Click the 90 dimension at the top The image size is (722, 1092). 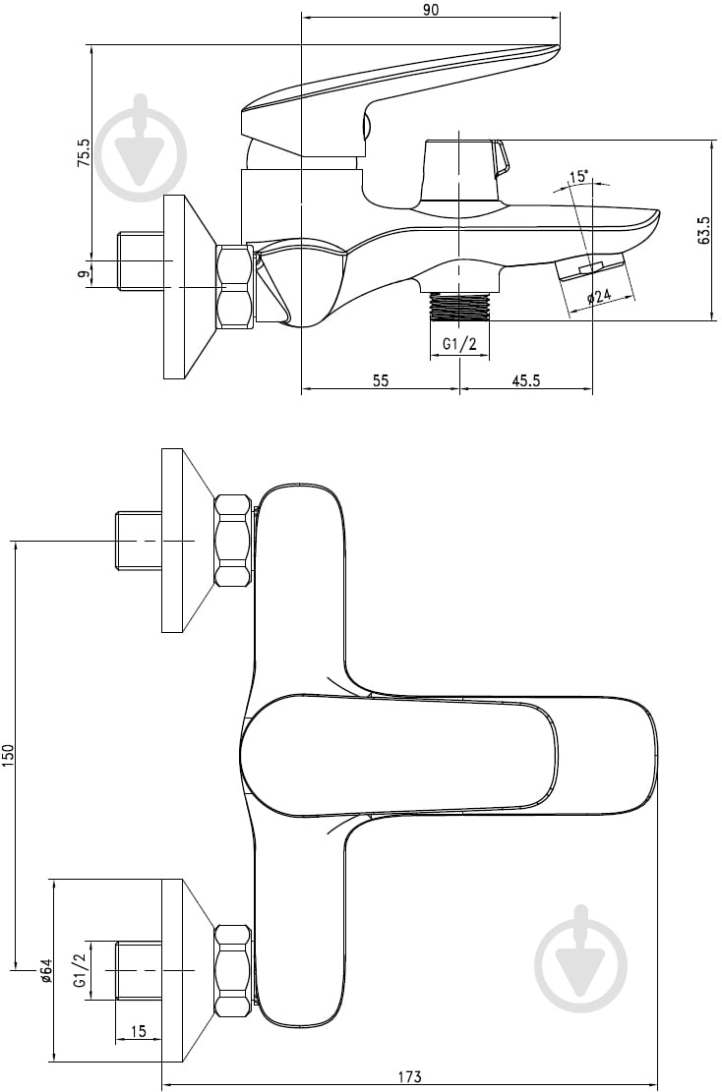(x=431, y=9)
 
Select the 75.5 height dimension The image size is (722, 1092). (x=84, y=151)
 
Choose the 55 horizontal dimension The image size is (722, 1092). (x=380, y=380)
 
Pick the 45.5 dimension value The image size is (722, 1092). (x=526, y=380)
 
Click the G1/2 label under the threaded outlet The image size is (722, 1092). (x=459, y=343)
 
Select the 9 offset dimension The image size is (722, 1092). (x=84, y=273)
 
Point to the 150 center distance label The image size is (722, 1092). (x=9, y=756)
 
